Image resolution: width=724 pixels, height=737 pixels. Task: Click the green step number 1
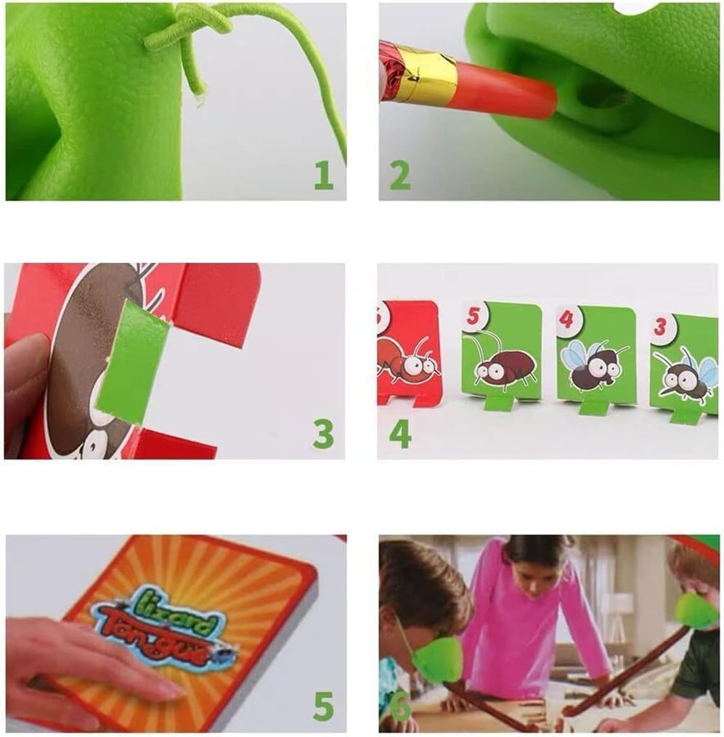point(324,175)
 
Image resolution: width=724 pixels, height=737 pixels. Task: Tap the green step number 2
point(399,175)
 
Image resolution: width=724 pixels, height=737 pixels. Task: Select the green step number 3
point(323,433)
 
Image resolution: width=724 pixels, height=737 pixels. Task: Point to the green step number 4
point(400,433)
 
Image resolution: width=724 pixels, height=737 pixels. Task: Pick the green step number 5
point(323,706)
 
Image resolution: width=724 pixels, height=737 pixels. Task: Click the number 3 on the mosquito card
point(660,327)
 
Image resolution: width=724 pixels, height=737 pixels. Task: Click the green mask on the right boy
point(696,610)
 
